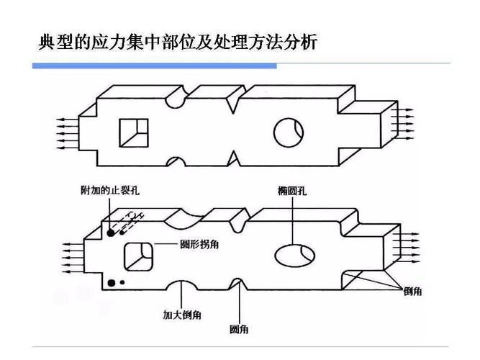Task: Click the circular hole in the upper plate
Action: (x=289, y=131)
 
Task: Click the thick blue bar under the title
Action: (x=155, y=66)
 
